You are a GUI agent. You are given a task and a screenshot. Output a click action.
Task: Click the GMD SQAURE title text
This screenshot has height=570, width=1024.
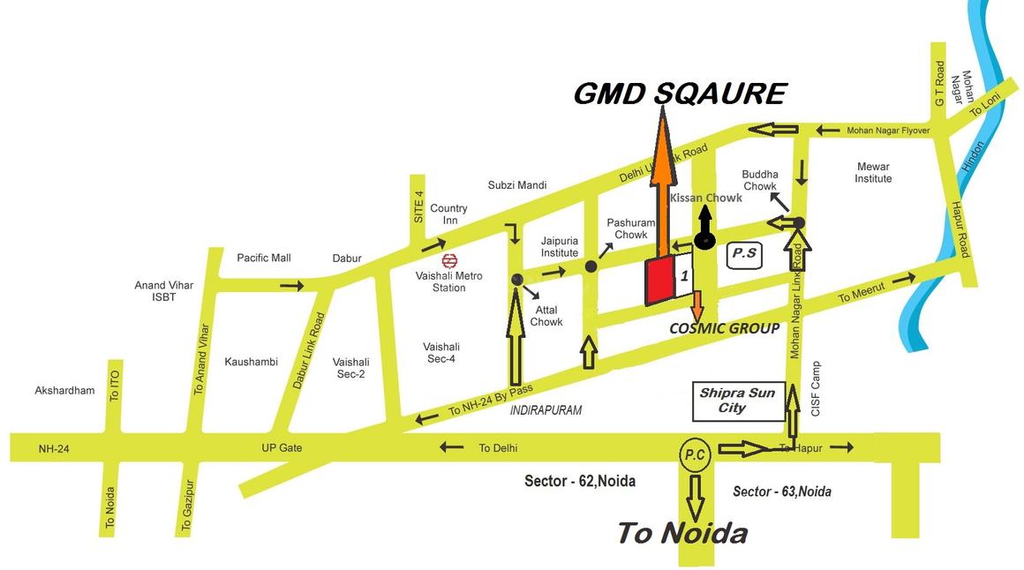(x=679, y=94)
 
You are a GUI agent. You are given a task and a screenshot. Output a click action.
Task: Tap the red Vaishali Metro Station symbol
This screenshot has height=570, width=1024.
(x=449, y=260)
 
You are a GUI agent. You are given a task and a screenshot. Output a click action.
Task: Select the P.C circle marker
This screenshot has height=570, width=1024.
(x=694, y=454)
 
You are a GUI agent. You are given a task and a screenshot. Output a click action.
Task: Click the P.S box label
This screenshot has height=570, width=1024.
(x=743, y=255)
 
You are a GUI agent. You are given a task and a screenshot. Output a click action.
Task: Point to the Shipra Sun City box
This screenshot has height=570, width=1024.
(x=736, y=401)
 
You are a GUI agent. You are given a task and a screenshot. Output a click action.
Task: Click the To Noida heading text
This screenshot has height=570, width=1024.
(x=681, y=533)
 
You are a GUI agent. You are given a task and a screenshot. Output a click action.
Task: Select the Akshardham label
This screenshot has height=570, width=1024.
(x=64, y=390)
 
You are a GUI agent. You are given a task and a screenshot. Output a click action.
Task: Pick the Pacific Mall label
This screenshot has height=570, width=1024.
(x=264, y=258)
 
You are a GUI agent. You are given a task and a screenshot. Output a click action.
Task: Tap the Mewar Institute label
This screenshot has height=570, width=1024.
(x=873, y=172)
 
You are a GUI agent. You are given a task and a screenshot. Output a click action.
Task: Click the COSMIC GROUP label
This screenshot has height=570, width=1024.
(x=724, y=328)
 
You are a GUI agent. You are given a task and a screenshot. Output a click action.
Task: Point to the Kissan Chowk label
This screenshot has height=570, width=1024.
(x=706, y=199)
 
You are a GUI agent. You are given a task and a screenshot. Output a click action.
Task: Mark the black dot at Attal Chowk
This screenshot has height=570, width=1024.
(x=517, y=280)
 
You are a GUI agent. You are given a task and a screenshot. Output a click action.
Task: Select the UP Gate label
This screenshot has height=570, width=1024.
(x=282, y=448)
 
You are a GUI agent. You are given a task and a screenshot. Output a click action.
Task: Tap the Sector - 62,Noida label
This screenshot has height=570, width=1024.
(x=580, y=481)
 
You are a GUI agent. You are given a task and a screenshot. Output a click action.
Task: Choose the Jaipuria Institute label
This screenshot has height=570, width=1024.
(x=560, y=246)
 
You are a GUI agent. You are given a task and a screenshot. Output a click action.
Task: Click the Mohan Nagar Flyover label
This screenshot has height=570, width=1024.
(x=888, y=131)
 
